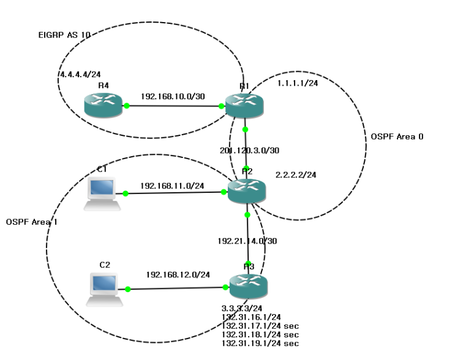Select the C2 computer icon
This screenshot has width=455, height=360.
click(102, 288)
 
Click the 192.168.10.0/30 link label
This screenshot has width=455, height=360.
click(168, 97)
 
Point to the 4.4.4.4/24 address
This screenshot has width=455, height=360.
click(80, 74)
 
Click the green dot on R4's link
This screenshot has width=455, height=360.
click(127, 106)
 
